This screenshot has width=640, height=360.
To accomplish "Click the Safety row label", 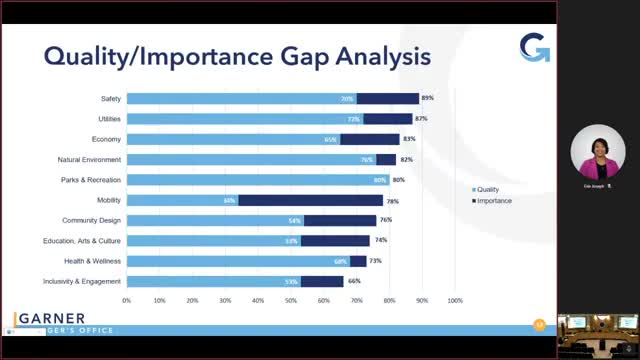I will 111,99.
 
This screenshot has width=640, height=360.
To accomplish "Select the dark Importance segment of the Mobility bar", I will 310,200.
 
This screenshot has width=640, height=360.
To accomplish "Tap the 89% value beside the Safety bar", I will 427,99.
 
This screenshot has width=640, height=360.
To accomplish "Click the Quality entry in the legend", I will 488,189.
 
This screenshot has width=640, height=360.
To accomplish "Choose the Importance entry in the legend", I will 493,200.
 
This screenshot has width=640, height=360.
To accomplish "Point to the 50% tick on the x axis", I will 291,299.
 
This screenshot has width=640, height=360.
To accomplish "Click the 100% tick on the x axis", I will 455,299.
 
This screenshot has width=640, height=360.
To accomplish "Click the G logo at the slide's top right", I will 535,48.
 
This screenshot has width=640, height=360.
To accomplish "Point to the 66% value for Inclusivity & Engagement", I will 353,282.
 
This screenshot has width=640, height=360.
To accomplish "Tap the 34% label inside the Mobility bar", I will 230,200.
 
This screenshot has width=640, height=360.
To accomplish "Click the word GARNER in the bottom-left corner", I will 51,318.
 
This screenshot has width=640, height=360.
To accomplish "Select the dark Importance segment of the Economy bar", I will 369,139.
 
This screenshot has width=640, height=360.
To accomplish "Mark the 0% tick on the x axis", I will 127,299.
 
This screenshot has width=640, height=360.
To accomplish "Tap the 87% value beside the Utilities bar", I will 421,119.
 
